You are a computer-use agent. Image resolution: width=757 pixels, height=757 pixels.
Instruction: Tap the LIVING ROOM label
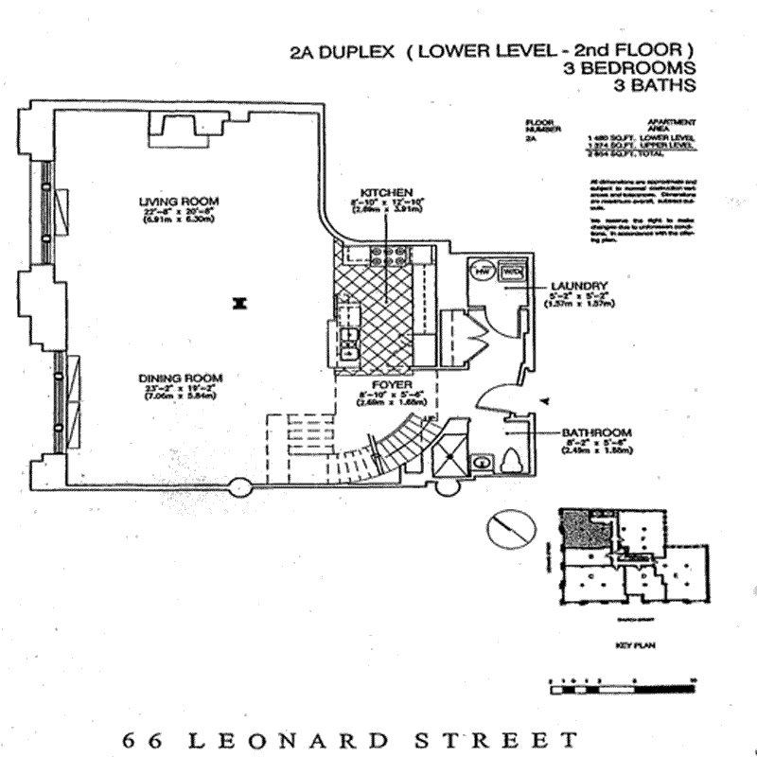pyautogui.click(x=179, y=201)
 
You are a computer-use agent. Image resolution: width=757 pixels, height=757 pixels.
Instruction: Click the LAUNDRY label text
pyautogui.click(x=569, y=285)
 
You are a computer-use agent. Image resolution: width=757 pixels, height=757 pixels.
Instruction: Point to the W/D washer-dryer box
pyautogui.click(x=512, y=270)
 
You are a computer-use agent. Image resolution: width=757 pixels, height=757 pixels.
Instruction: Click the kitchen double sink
pyautogui.click(x=346, y=340)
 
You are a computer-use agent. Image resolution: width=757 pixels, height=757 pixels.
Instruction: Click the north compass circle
pyautogui.click(x=505, y=528)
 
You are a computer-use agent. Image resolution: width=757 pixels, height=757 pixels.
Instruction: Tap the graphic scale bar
pyautogui.click(x=622, y=687)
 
